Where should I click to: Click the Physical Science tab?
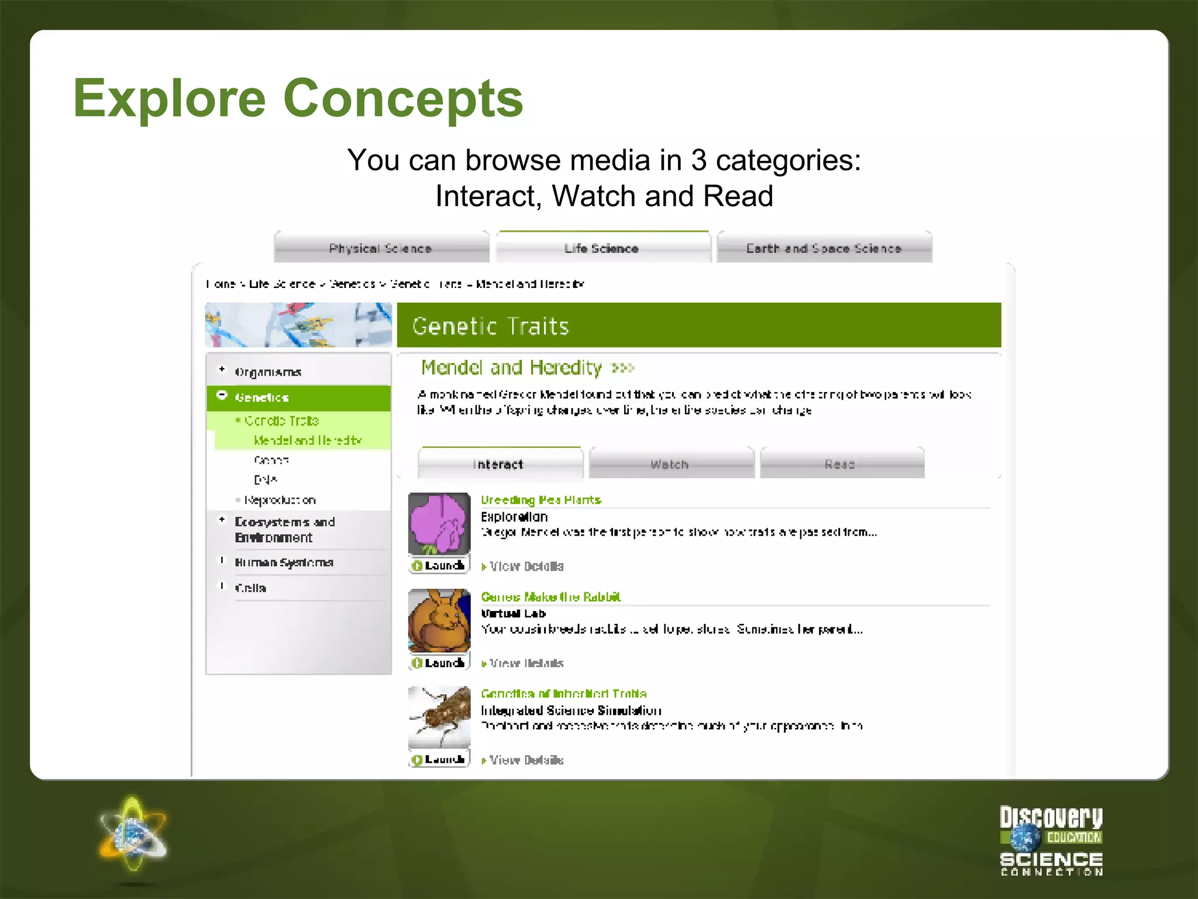pyautogui.click(x=381, y=248)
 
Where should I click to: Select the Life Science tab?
pyautogui.click(x=602, y=248)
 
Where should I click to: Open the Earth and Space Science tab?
pyautogui.click(x=824, y=248)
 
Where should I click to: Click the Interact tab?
pyautogui.click(x=499, y=464)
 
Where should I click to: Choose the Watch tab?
pyautogui.click(x=670, y=464)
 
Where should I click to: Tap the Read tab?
pyautogui.click(x=841, y=464)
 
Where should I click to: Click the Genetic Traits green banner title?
pyautogui.click(x=491, y=326)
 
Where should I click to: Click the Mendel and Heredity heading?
pyautogui.click(x=512, y=368)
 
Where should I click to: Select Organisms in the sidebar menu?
pyautogui.click(x=268, y=372)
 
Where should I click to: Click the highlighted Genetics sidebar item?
pyautogui.click(x=262, y=397)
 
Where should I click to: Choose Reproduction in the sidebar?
pyautogui.click(x=280, y=500)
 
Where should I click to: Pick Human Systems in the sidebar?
pyautogui.click(x=284, y=562)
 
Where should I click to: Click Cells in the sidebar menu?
pyautogui.click(x=250, y=588)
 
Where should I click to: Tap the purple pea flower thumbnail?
pyautogui.click(x=439, y=524)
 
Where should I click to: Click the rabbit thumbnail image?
pyautogui.click(x=439, y=621)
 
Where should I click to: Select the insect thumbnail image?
pyautogui.click(x=439, y=717)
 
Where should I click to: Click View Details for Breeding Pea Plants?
pyautogui.click(x=526, y=567)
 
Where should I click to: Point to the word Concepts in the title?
pyautogui.click(x=404, y=98)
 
